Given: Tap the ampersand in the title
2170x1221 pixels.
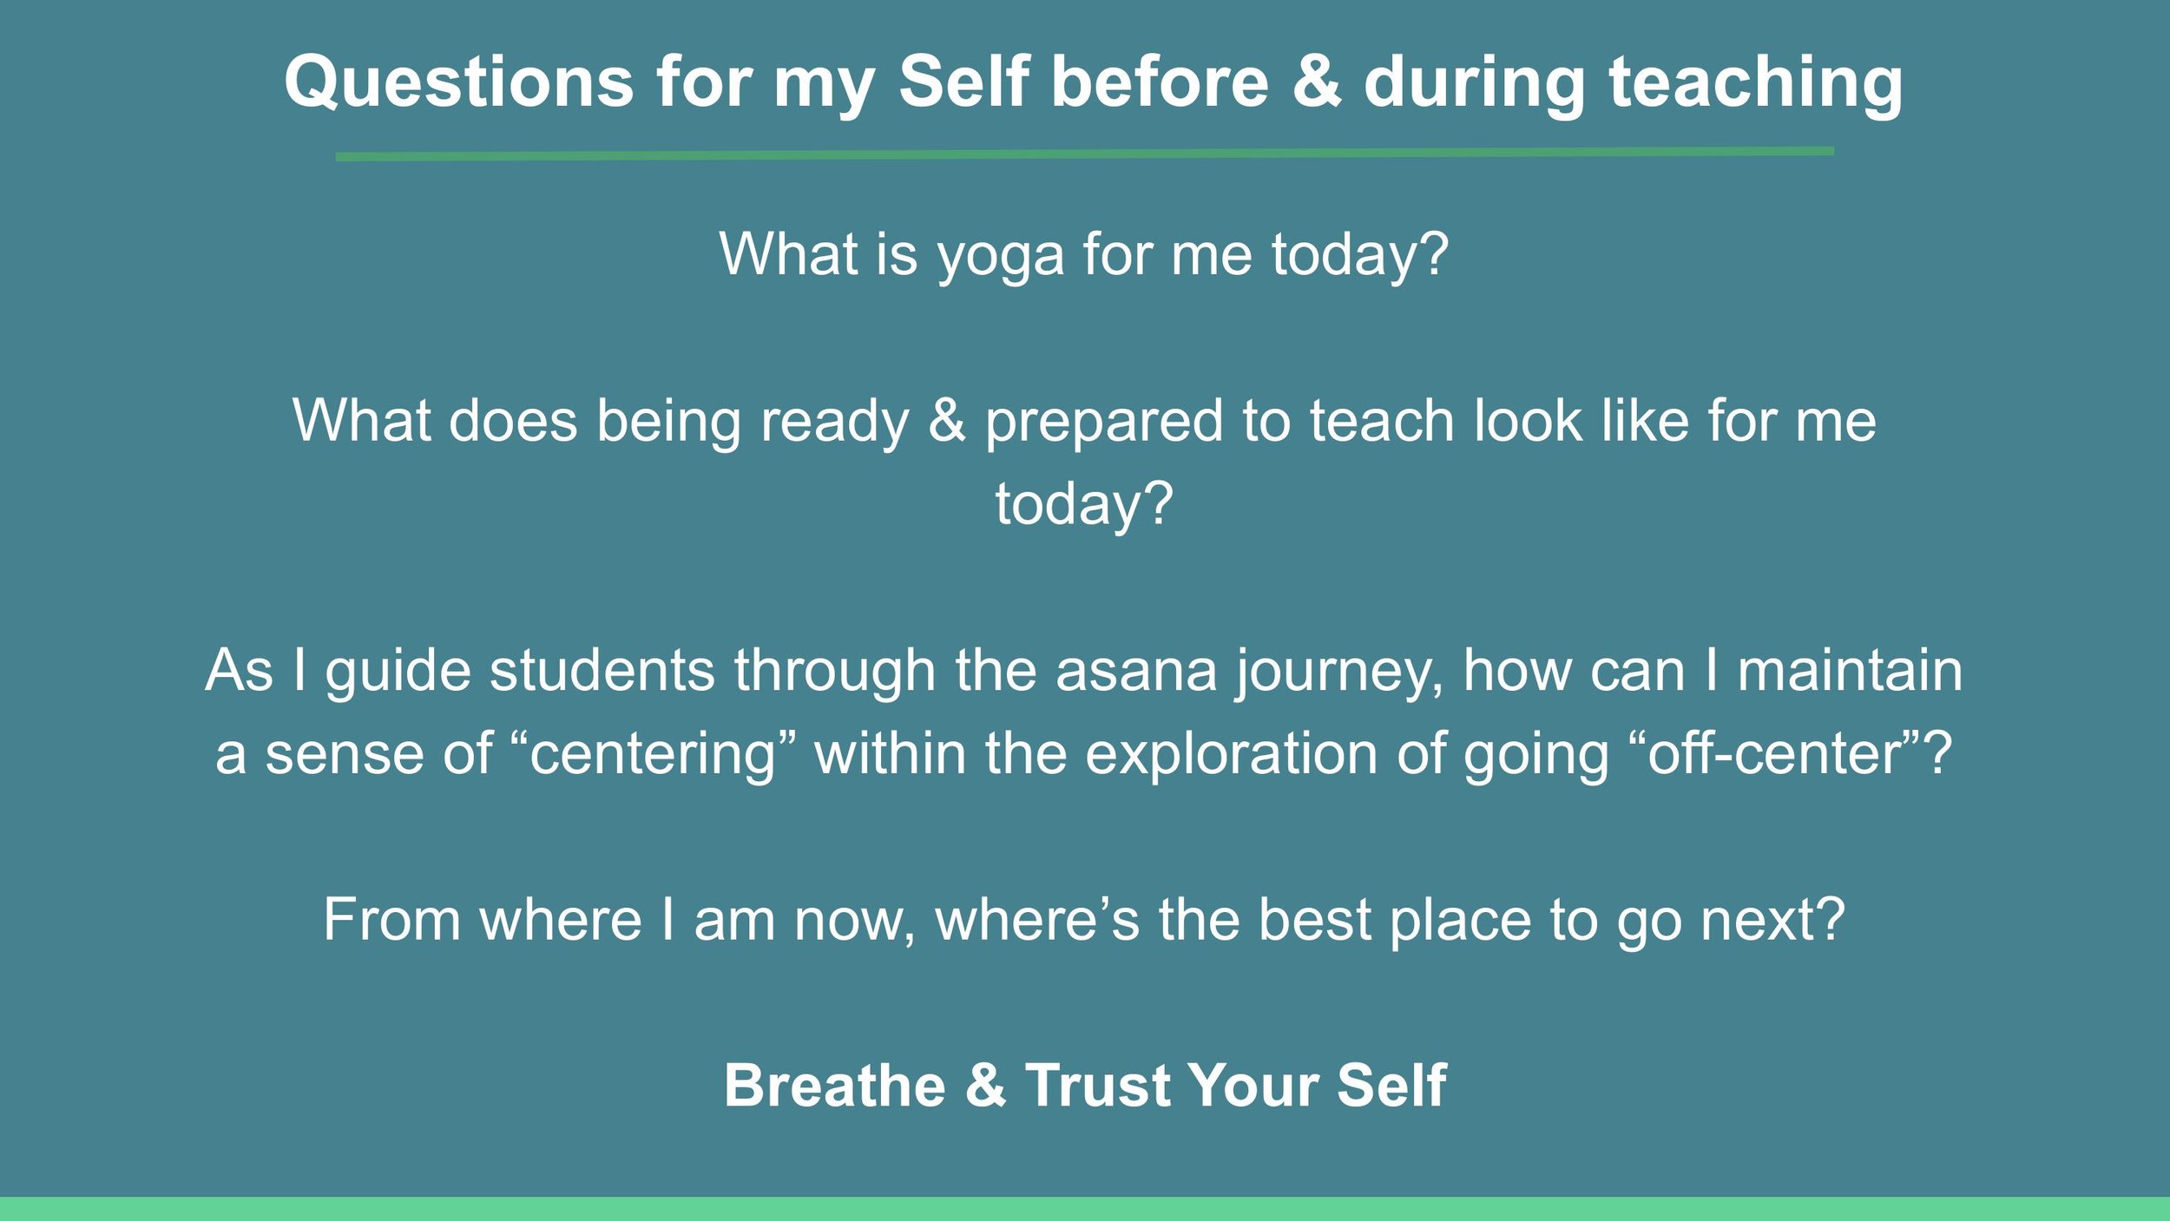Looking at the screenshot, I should point(1316,82).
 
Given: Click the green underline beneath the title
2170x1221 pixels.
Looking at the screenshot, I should point(1085,154).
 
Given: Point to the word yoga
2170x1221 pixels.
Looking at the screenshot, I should point(1000,257).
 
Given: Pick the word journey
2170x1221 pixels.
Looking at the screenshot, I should point(1337,673).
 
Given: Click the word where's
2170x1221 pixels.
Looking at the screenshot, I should point(1036,919).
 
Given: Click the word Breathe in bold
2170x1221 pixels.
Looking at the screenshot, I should point(835,1086).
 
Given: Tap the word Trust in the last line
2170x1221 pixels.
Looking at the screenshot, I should point(1097,1086).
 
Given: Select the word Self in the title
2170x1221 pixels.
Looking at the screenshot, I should point(963,82).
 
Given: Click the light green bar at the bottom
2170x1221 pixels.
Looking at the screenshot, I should point(1085,1209).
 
